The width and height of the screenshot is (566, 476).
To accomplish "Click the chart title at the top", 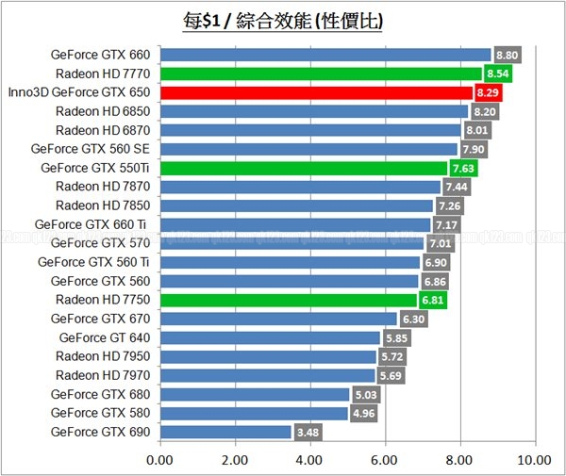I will [283, 19].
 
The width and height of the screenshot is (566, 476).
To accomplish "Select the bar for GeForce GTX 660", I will [325, 54].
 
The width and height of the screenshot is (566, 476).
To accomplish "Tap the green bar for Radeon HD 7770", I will [321, 73].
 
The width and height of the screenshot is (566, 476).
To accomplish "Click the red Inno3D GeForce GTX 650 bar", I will [317, 92].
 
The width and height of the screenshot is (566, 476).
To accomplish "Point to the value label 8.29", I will [488, 93].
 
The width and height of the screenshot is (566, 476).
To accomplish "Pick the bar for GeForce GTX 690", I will [225, 432].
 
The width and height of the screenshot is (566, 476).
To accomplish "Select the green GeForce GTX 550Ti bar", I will [304, 168].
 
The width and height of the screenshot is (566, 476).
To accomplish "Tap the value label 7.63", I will [463, 169].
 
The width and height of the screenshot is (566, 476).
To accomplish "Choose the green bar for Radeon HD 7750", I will [289, 300].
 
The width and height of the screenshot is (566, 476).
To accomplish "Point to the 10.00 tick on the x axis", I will [534, 461].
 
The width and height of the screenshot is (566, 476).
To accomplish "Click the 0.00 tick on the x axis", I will [160, 461].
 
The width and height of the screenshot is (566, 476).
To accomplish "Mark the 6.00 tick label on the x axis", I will [384, 461].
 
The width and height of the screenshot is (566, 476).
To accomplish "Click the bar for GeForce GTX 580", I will [254, 413].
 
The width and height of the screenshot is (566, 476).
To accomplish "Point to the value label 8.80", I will [507, 55].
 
